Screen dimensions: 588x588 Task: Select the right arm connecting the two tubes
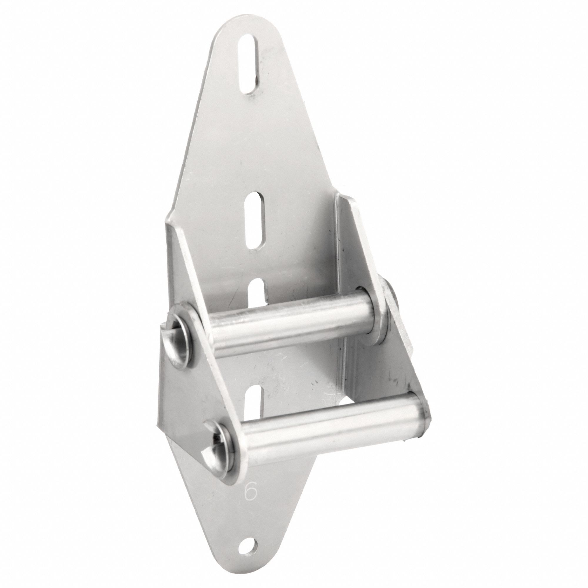point(399,365)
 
